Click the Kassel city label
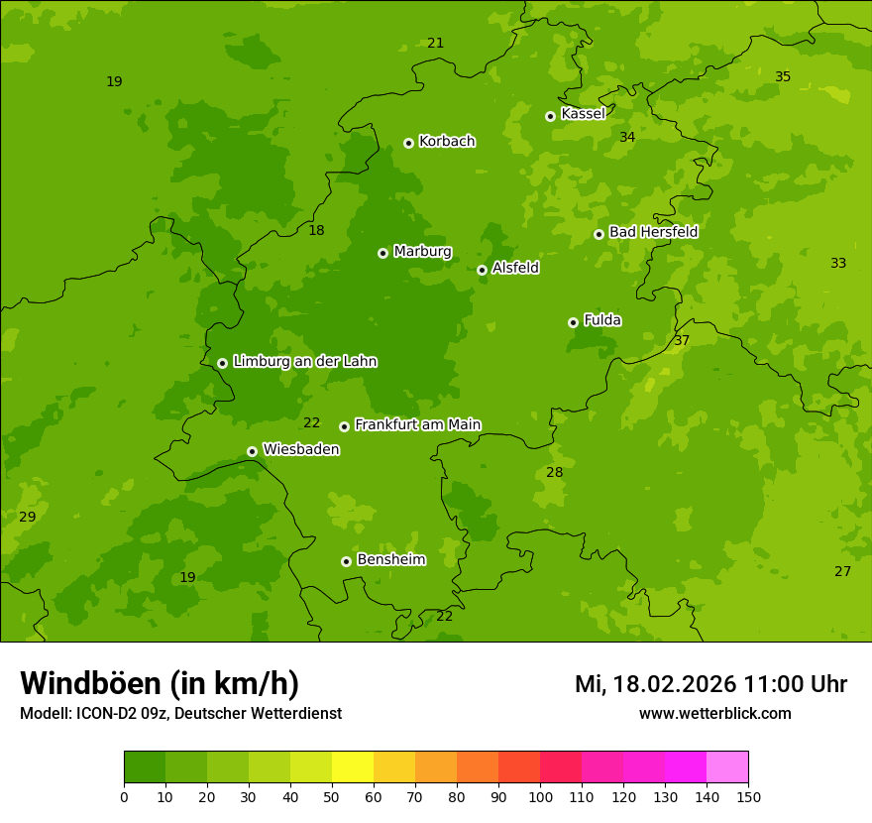[583, 114]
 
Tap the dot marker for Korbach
[408, 143]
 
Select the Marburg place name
[422, 252]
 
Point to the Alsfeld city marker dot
[482, 270]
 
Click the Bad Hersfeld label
[653, 232]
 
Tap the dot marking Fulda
[573, 322]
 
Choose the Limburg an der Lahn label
[304, 362]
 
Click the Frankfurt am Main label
[417, 425]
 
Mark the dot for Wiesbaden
[252, 451]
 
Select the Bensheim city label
[390, 560]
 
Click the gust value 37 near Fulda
[682, 341]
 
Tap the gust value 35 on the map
[783, 77]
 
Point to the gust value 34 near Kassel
[627, 138]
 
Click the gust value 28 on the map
[554, 473]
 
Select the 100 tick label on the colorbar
[540, 797]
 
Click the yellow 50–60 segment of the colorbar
[353, 767]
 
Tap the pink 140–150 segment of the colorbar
[727, 767]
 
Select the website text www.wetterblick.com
[714, 714]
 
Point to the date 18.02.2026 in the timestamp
[674, 684]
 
